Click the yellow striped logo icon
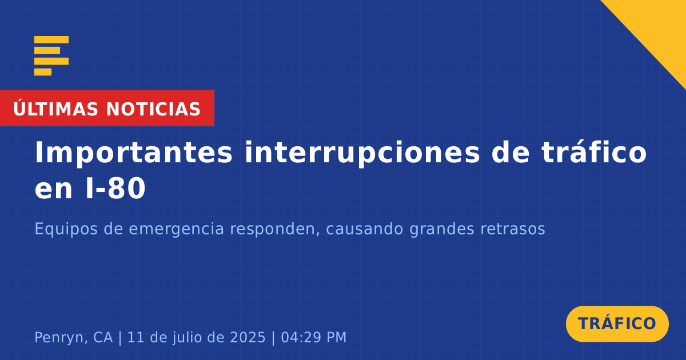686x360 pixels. coord(51,56)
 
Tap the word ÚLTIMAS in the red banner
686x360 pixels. coord(55,109)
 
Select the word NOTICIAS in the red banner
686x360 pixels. coord(153,109)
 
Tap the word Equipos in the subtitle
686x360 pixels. coord(66,229)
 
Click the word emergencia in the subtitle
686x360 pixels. coord(177,230)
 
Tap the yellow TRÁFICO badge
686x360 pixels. coord(617,324)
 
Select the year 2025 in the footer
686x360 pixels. coord(248,337)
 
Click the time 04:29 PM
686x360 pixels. coord(314,337)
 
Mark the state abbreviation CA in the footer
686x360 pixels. coord(103,337)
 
